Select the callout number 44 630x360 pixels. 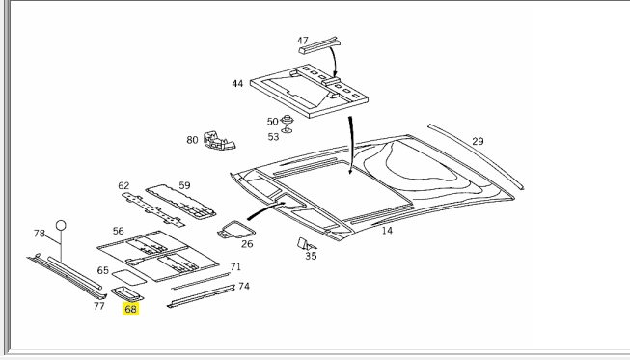(x=237, y=84)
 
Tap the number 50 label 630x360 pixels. (x=273, y=122)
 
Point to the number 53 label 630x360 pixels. (x=273, y=137)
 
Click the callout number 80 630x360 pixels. (x=192, y=140)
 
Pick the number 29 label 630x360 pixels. (x=478, y=142)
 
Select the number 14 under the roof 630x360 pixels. (x=387, y=231)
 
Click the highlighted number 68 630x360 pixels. (x=131, y=309)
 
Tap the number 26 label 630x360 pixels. (x=247, y=244)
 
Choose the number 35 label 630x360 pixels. (x=310, y=256)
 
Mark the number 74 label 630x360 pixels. (x=244, y=287)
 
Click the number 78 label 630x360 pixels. (x=40, y=234)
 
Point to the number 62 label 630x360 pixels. (x=123, y=185)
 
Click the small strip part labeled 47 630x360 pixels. (x=319, y=42)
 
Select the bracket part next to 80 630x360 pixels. (x=219, y=142)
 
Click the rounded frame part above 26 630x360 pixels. (x=235, y=229)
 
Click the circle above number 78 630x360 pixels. (x=60, y=225)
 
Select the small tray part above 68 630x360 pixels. (x=128, y=291)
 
